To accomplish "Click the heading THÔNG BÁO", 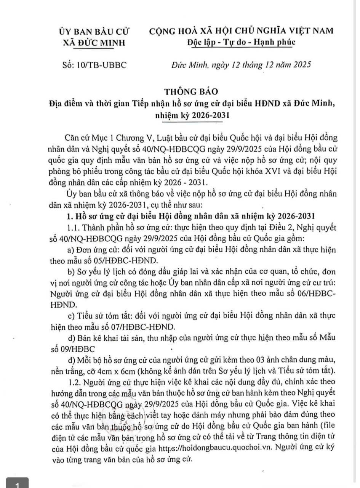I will (x=191, y=91).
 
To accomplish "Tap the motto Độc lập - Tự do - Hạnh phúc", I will (x=241, y=42).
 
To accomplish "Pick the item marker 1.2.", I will (x=74, y=382).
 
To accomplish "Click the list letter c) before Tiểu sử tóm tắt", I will (x=70, y=316).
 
